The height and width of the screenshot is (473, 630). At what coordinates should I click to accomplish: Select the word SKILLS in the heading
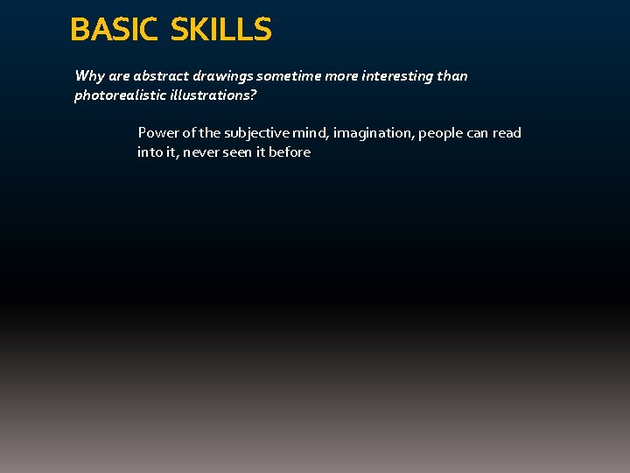[x=221, y=30]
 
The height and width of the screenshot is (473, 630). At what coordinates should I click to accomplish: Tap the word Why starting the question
[x=89, y=76]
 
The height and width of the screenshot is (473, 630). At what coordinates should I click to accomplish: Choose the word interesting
[x=392, y=76]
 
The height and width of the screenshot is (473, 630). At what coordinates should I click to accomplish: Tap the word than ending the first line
[x=452, y=76]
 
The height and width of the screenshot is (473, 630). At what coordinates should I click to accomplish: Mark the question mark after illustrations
[x=253, y=95]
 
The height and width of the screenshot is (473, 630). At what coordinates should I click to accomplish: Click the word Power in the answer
[x=157, y=133]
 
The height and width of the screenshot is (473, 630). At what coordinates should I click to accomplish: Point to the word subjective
[x=257, y=133]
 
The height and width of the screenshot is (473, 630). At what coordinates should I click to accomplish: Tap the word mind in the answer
[x=311, y=133]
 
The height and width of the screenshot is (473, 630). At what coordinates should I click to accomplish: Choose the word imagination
[x=373, y=133]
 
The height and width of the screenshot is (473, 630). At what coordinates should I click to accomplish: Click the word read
[x=506, y=133]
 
